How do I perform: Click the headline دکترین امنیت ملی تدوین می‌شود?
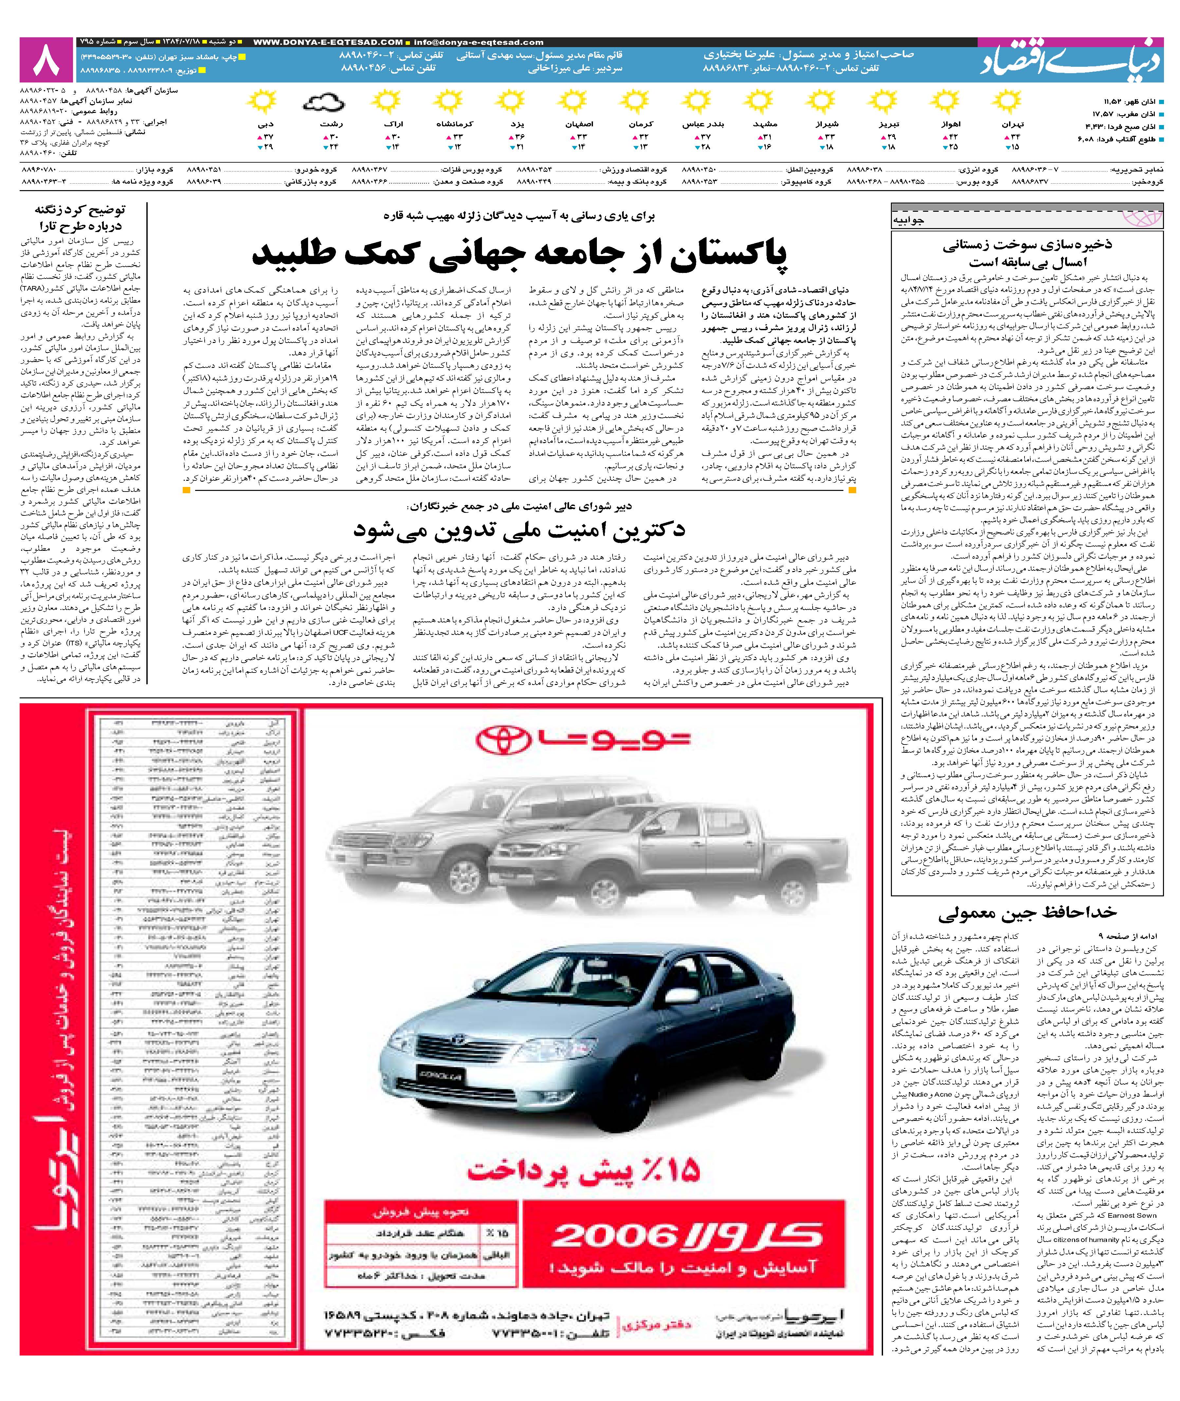click(519, 530)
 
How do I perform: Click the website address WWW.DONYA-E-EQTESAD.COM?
click(328, 42)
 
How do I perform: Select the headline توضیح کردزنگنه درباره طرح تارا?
click(80, 217)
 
